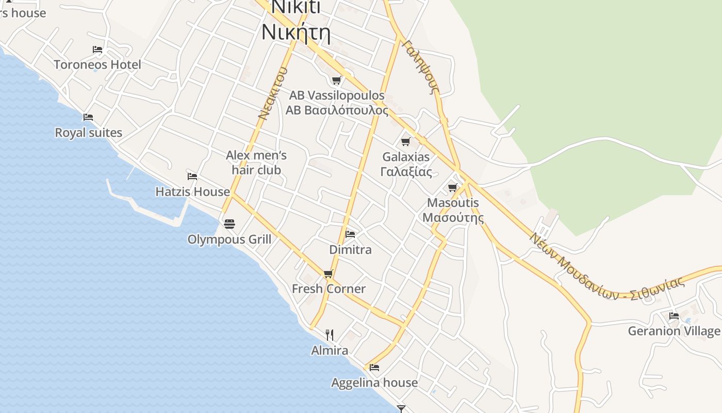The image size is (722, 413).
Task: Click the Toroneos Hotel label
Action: (97, 65)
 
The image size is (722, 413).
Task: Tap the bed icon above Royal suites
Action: (88, 117)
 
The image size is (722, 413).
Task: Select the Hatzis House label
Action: (192, 192)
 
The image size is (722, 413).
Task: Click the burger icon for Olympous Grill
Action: (229, 224)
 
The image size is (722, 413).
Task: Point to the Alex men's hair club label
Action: (256, 163)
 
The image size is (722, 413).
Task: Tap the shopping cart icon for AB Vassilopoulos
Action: (337, 80)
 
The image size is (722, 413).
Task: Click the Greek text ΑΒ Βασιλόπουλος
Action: (337, 110)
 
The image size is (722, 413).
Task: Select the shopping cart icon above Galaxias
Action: (406, 141)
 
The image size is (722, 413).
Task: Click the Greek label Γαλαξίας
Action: (406, 172)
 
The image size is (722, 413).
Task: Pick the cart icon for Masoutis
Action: (453, 187)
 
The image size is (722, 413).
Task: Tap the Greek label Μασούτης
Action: (453, 217)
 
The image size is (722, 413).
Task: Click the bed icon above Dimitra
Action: (350, 234)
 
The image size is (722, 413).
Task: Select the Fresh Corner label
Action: (329, 289)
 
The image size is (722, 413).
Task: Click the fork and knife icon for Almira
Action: (330, 335)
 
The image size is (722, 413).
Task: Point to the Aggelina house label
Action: (374, 383)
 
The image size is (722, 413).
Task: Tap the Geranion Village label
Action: (674, 331)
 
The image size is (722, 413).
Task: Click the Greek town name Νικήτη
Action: (296, 32)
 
